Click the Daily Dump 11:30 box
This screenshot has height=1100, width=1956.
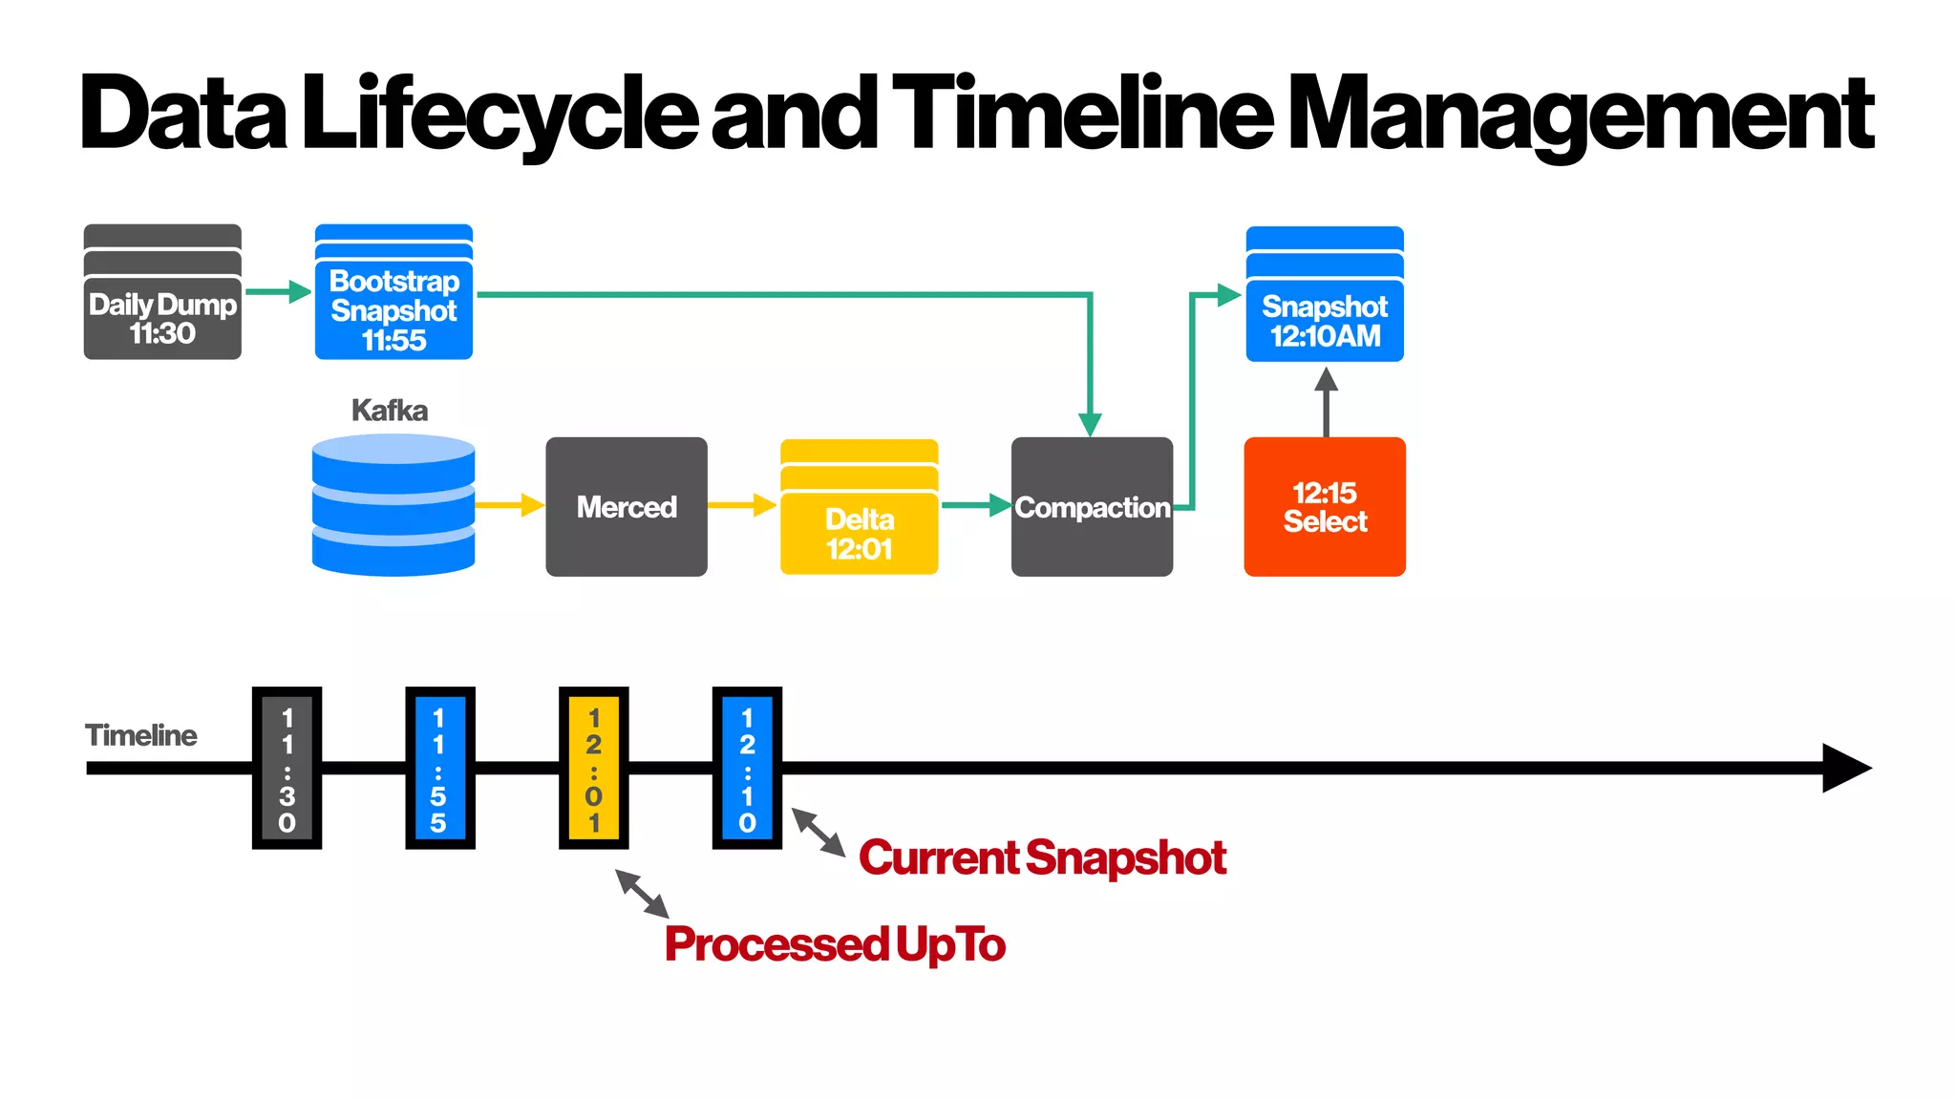point(162,306)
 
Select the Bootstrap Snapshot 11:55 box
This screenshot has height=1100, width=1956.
point(393,306)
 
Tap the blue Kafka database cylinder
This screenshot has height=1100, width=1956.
point(393,506)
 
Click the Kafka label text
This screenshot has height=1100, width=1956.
point(390,411)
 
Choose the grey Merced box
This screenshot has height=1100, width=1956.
point(627,507)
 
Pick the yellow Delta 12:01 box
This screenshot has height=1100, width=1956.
point(860,520)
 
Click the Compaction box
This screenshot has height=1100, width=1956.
point(1092,507)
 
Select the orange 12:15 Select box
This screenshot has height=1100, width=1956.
point(1325,507)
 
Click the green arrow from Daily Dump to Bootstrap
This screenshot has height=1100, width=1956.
point(278,292)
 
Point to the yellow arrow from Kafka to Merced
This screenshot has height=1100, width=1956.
point(509,505)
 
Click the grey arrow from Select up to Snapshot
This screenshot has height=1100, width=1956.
point(1326,401)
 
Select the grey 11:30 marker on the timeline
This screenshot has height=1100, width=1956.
point(287,768)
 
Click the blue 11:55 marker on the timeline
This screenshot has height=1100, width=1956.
point(439,768)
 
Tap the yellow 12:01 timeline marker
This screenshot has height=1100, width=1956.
point(594,768)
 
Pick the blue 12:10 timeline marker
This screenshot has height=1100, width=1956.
point(747,768)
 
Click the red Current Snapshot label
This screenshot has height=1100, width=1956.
point(1042,857)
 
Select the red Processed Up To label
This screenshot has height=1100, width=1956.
point(835,944)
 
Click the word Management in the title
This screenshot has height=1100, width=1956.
point(1581,115)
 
